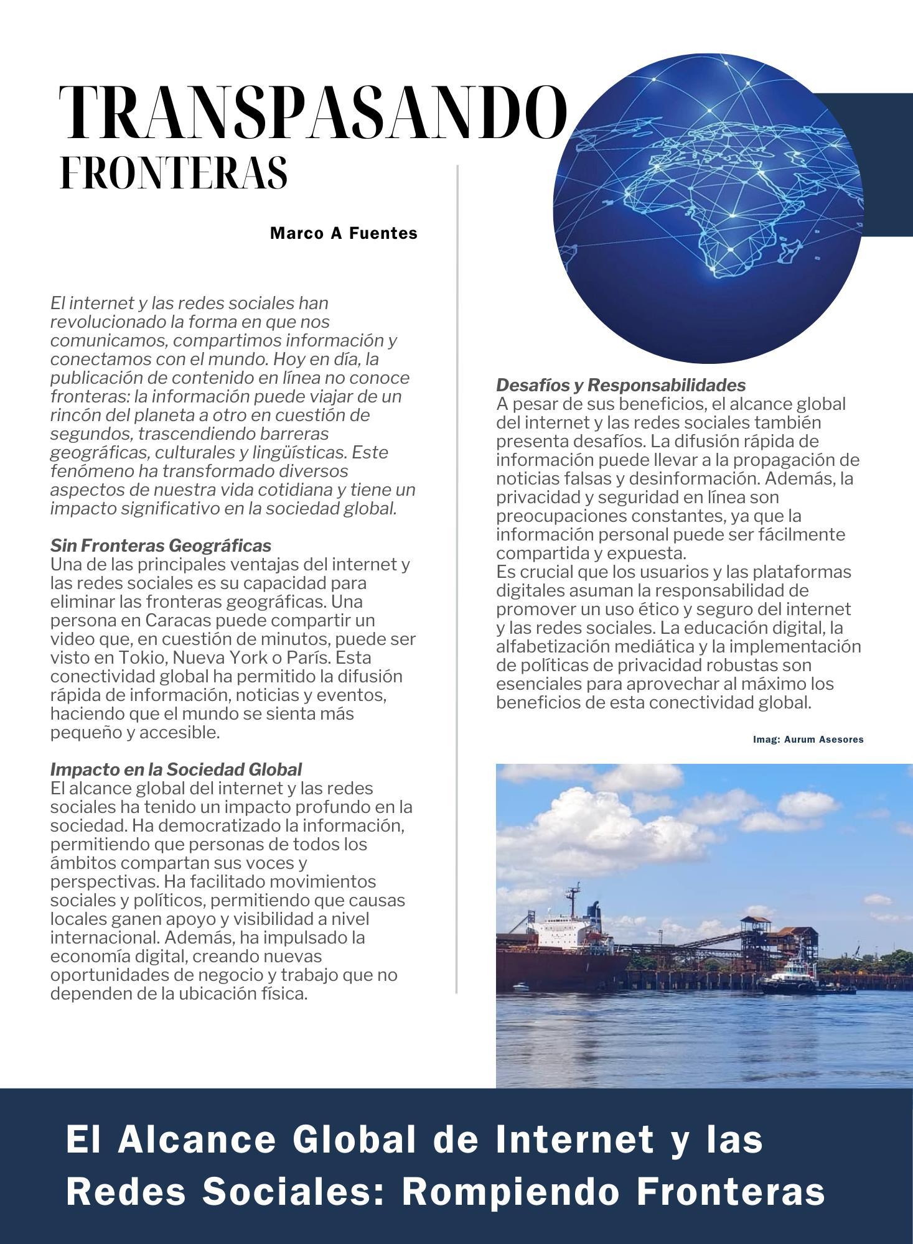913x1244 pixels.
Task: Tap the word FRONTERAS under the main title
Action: click(x=174, y=172)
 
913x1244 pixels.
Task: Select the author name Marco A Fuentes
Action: click(x=344, y=233)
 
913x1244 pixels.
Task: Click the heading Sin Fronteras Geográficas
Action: click(x=161, y=545)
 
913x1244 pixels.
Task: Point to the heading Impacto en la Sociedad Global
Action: click(x=176, y=769)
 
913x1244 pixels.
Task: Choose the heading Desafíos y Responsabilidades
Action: click(x=620, y=385)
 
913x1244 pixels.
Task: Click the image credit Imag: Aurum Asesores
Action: click(x=808, y=740)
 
